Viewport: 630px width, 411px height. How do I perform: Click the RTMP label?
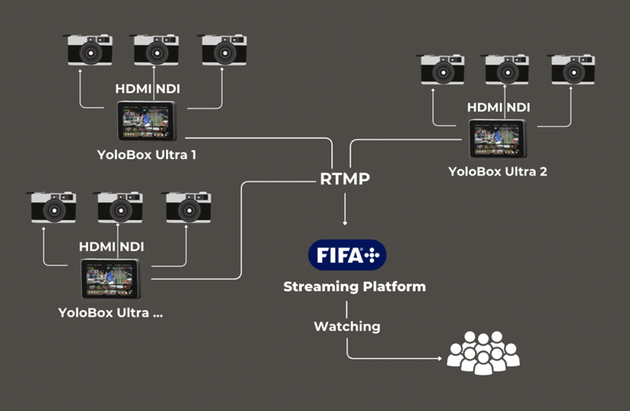click(345, 180)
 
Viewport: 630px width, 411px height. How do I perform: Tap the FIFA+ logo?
click(346, 255)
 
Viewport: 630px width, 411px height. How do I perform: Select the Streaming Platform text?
click(354, 287)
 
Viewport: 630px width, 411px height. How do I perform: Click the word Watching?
click(346, 326)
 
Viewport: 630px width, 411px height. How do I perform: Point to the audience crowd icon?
click(484, 351)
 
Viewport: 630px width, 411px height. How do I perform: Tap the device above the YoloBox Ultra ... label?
click(111, 278)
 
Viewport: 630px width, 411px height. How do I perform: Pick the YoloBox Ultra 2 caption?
click(498, 171)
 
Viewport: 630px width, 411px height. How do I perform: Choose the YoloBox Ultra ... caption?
click(115, 312)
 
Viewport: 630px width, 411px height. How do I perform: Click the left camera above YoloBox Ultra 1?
click(89, 50)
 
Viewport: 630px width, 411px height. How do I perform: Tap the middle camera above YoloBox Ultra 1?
click(155, 50)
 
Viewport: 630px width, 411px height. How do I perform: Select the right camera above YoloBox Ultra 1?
click(224, 50)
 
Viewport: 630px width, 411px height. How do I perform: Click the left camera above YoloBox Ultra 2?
click(441, 70)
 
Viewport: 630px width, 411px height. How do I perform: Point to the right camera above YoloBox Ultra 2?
click(573, 70)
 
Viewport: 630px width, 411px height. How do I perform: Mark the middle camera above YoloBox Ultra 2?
click(506, 70)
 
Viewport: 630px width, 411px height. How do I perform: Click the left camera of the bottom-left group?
click(53, 207)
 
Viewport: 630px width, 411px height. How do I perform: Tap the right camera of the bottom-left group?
click(188, 207)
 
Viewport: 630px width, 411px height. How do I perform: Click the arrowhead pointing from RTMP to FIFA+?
click(345, 223)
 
